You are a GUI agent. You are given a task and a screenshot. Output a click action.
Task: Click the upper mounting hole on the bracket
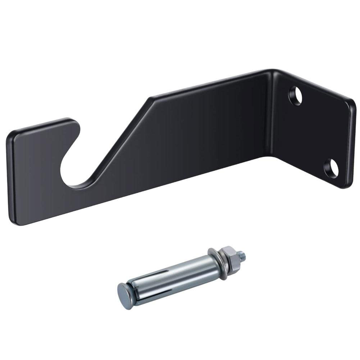pos(295,95)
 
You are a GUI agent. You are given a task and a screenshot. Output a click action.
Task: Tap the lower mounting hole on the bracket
pos(331,169)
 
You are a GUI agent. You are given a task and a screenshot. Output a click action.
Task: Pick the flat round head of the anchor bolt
pos(125,296)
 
